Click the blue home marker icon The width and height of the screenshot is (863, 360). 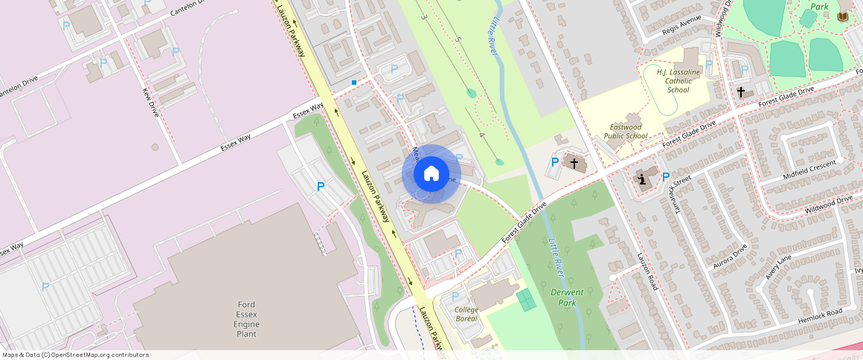(x=431, y=174)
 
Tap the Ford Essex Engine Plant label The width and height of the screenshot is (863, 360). (x=247, y=319)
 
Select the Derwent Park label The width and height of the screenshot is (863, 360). (x=566, y=298)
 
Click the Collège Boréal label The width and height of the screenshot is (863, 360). (x=466, y=314)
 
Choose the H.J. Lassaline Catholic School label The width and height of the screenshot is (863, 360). (x=678, y=80)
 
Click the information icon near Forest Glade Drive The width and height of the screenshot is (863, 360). (x=643, y=179)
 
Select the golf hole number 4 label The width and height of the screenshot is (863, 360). (x=482, y=135)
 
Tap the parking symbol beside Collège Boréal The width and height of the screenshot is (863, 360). (x=458, y=254)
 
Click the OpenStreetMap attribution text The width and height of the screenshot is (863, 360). (x=74, y=355)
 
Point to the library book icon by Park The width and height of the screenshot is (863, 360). (x=842, y=16)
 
